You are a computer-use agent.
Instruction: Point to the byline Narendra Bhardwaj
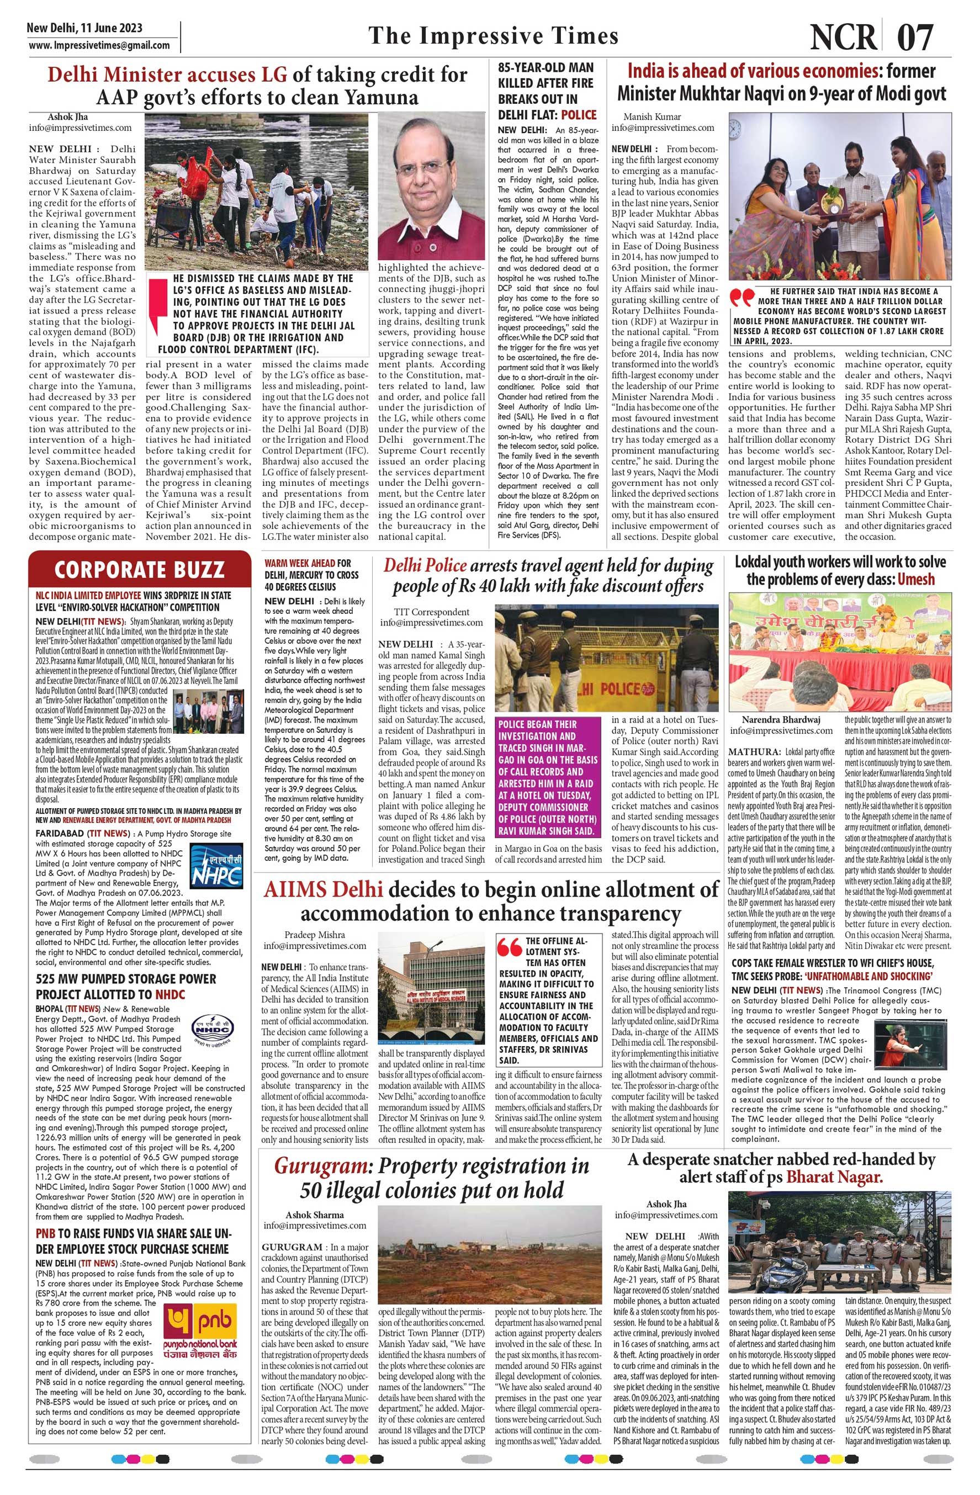[781, 720]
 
